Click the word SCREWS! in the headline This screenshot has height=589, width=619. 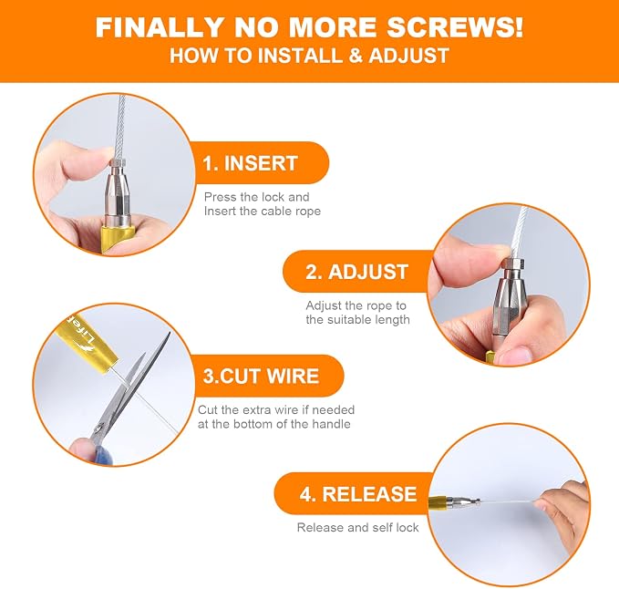click(x=454, y=26)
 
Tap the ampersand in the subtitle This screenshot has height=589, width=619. click(x=355, y=55)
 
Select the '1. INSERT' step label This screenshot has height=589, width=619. click(x=250, y=163)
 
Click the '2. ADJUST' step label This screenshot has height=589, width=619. click(x=356, y=272)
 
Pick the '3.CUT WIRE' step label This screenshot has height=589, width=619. click(x=261, y=376)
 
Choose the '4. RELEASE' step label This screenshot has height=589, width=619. click(x=358, y=494)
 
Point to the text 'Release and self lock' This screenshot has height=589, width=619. click(x=357, y=527)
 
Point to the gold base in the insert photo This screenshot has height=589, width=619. click(x=115, y=238)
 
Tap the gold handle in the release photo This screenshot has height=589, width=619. click(x=438, y=502)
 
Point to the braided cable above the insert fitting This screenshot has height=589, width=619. click(x=120, y=127)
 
